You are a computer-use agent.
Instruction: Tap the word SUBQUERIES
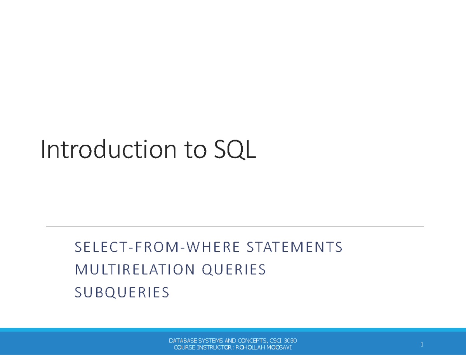click(122, 292)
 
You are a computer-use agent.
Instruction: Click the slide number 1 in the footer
click(422, 344)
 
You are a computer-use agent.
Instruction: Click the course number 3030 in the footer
click(290, 341)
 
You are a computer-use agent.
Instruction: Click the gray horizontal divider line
click(235, 226)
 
